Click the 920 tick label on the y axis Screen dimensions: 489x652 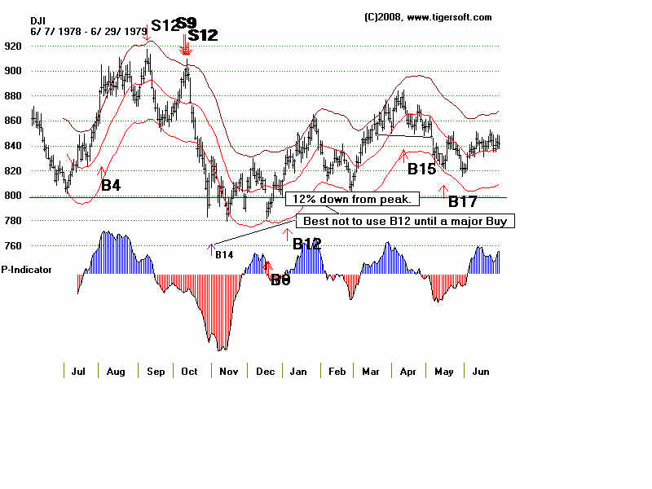click(x=14, y=46)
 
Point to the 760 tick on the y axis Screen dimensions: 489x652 click(x=14, y=245)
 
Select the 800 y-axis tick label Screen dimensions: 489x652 click(x=14, y=196)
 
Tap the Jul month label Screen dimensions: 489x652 click(x=78, y=371)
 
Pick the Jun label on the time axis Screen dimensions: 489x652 click(x=480, y=371)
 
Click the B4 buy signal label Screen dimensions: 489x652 click(x=111, y=186)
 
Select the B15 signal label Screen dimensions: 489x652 click(x=421, y=170)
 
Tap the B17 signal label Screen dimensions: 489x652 click(x=463, y=202)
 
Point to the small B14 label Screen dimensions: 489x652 click(x=224, y=255)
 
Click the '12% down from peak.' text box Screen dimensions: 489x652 click(x=352, y=199)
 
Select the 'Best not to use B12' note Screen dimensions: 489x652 click(x=408, y=221)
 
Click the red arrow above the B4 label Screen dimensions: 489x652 click(x=102, y=171)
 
